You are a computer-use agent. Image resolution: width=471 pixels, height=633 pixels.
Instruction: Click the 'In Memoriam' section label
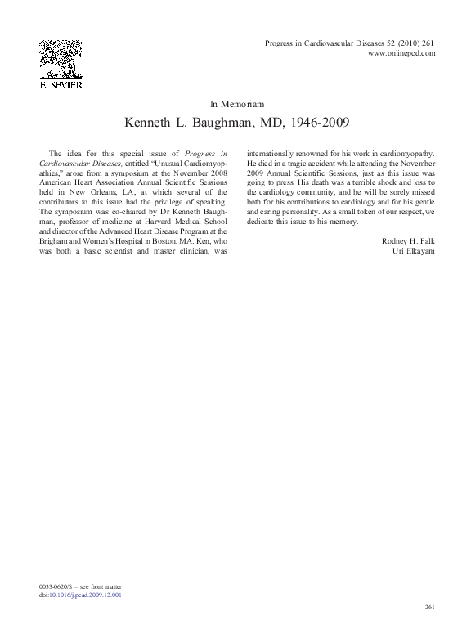[236, 104]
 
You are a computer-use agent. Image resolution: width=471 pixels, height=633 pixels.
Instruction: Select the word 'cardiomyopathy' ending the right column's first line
[407, 153]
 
